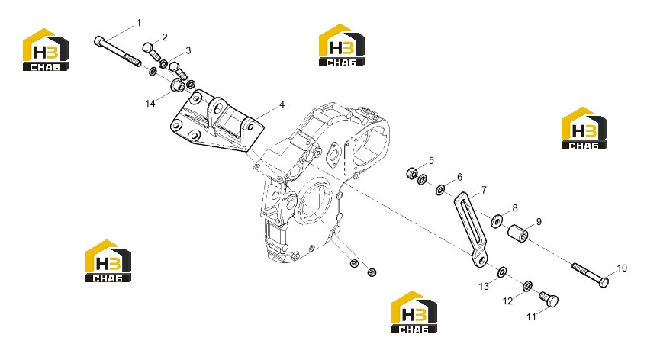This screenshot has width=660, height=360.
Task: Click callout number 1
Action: pos(139,23)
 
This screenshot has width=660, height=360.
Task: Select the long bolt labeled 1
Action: pos(118,52)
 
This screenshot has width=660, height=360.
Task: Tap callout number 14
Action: pos(150,104)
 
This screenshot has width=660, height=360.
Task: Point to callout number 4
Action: pos(282,104)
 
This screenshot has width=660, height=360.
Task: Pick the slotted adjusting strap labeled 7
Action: pos(471,230)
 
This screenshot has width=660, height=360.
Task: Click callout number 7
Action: pos(484,190)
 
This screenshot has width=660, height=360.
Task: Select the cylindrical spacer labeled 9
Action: pos(518,234)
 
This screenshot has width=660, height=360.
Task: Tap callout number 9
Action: pos(539,222)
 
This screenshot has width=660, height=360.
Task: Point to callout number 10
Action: pos(622,268)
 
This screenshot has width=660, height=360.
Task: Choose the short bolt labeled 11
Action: pos(549,298)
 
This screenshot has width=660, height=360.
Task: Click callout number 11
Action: pos(531,317)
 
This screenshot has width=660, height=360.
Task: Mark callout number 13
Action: pos(484,287)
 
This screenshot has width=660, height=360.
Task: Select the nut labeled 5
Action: pos(412,173)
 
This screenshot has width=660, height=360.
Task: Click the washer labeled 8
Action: pos(497,220)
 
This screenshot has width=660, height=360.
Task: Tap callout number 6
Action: pos(459,177)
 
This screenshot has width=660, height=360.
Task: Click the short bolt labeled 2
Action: pos(152,51)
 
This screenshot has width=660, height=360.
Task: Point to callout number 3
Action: pos(188,50)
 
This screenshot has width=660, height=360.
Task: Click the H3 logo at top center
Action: pos(341,45)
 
